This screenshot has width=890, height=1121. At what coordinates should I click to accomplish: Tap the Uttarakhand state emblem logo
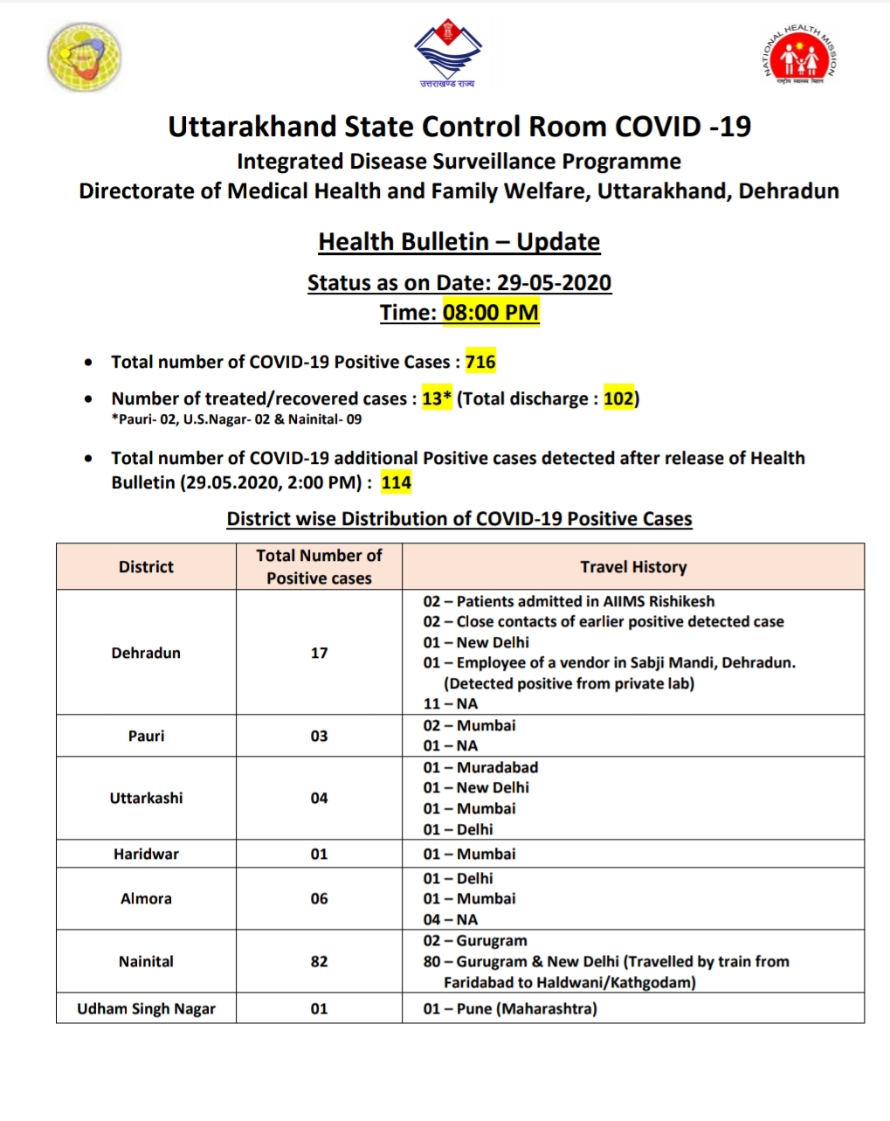pos(447,55)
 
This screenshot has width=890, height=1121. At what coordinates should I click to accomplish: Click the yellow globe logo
pos(84,57)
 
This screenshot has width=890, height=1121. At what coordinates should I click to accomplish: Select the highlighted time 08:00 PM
pos(491,312)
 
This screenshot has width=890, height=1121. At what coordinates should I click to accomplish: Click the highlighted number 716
pos(480,362)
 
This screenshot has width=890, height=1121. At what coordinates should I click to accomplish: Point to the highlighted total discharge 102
pos(618,398)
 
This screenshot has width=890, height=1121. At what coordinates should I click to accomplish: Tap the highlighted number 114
pos(396,482)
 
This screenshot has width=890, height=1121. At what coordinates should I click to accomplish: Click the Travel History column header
pos(633,566)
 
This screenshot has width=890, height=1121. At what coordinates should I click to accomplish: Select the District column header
pos(146,566)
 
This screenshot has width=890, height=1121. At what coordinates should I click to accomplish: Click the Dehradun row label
pos(146,653)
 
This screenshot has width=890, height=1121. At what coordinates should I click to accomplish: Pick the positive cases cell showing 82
pos(319,961)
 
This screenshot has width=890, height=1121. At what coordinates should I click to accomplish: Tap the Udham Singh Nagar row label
pos(146,1008)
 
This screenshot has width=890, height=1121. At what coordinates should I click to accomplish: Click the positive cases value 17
pos(319,653)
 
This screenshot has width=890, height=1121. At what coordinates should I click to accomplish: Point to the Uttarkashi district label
pos(146,798)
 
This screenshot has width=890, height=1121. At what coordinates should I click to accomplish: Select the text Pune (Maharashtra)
pos(527,1008)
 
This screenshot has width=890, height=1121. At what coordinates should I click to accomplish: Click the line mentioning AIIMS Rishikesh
pos(569,601)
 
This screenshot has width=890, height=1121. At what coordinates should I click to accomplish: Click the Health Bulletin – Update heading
pos(459,241)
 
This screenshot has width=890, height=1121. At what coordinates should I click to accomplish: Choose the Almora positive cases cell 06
pos(319,898)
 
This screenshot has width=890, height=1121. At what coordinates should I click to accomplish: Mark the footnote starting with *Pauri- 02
pos(236,419)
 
